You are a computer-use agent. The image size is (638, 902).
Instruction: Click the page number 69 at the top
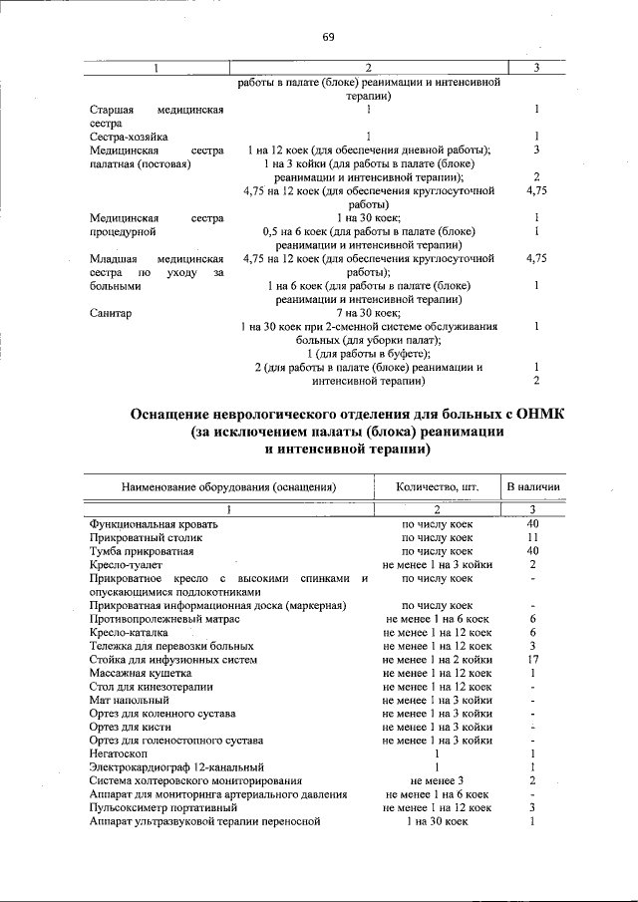[328, 38]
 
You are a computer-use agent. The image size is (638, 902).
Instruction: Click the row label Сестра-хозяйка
[129, 137]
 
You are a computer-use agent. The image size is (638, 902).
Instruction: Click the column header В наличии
[533, 487]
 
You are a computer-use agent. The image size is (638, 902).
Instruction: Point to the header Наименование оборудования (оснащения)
[228, 487]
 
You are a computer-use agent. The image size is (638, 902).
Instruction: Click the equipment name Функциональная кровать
[147, 523]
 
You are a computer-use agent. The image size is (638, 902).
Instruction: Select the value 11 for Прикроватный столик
[533, 537]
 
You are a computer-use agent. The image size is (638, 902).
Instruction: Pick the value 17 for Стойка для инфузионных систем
[533, 659]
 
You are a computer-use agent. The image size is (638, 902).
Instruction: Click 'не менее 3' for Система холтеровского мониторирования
[437, 780]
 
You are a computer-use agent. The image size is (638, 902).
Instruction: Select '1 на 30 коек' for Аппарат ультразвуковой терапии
[437, 821]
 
